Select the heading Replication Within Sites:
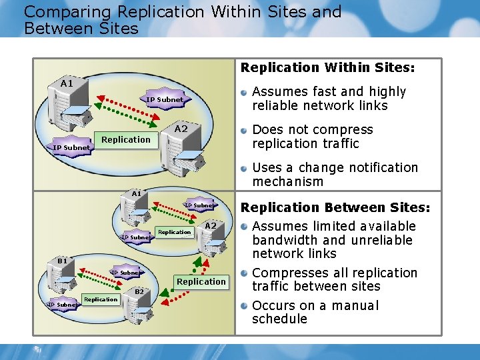click(327, 67)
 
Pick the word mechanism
click(287, 182)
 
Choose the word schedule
click(279, 319)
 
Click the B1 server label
click(62, 261)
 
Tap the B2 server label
click(139, 291)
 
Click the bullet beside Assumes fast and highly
click(245, 92)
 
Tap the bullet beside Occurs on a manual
click(245, 306)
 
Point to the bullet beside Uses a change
click(245, 168)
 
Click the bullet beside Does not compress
click(245, 130)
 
